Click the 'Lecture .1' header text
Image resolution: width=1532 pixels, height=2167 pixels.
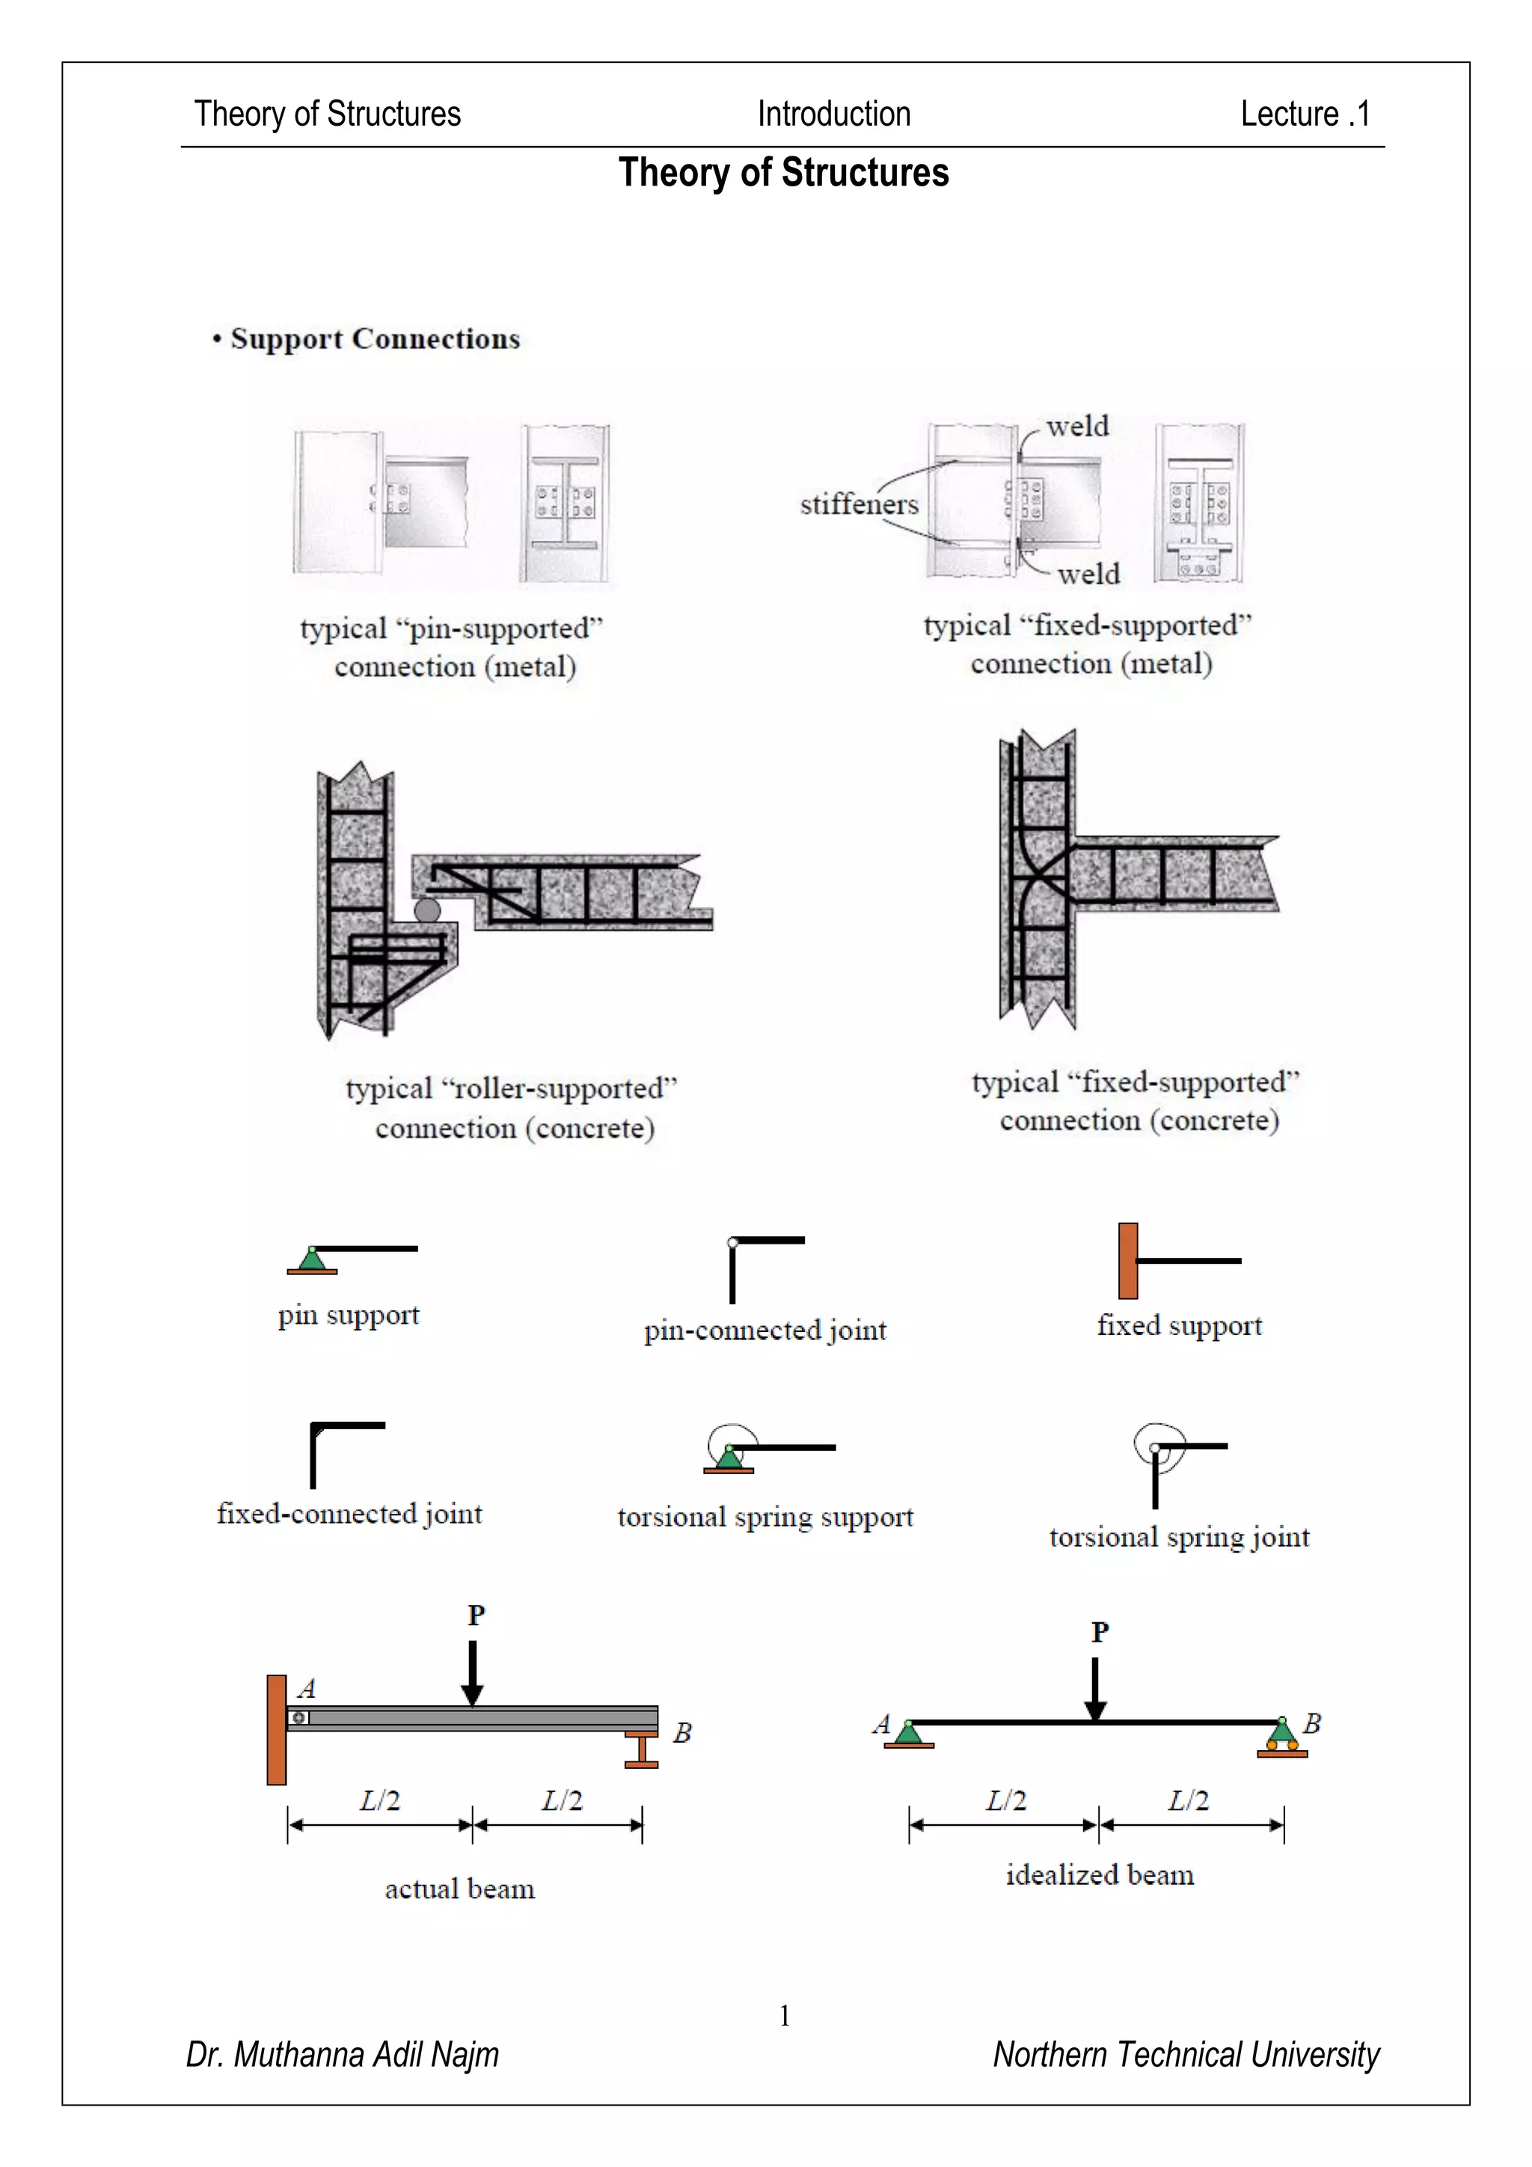[1304, 114]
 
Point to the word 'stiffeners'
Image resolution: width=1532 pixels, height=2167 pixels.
[859, 504]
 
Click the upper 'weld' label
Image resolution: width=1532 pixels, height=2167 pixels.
[1077, 427]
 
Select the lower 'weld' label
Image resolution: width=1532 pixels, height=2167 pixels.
[1088, 574]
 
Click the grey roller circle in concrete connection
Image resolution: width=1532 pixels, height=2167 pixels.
[427, 910]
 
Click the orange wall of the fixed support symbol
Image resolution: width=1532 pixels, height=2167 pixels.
[1127, 1261]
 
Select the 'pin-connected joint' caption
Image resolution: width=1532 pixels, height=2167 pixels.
[765, 1330]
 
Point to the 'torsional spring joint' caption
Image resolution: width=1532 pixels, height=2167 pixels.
[1179, 1536]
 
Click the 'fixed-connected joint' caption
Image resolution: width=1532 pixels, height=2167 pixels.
[349, 1514]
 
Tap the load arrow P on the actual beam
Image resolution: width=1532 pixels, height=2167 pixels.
[473, 1672]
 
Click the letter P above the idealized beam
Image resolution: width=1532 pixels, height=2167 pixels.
[1100, 1632]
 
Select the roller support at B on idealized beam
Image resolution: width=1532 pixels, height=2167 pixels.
[1282, 1737]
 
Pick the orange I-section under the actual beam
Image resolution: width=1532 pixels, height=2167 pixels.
[642, 1749]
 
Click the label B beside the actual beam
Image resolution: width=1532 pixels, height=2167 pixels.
[682, 1733]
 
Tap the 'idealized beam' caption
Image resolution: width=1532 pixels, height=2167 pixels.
[1099, 1874]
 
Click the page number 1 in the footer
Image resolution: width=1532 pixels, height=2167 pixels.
[784, 2016]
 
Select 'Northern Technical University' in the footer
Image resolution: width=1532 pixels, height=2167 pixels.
[1186, 2055]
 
